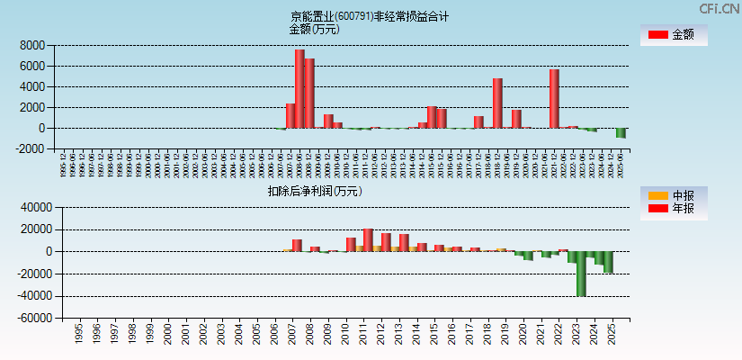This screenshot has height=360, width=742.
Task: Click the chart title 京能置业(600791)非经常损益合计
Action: click(370, 16)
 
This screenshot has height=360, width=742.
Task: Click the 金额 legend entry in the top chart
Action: click(673, 35)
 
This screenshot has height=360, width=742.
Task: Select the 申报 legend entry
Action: click(673, 195)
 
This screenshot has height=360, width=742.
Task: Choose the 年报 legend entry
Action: click(673, 209)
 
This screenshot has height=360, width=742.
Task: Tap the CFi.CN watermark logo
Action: click(720, 8)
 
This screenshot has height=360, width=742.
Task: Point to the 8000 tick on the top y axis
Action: click(32, 45)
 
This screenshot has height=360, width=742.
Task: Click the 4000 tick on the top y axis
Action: click(32, 86)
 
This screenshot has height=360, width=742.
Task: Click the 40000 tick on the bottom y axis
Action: click(30, 207)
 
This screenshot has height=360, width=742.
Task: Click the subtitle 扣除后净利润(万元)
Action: click(314, 191)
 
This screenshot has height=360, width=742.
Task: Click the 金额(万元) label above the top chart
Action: click(314, 29)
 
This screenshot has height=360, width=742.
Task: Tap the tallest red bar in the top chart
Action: click(299, 88)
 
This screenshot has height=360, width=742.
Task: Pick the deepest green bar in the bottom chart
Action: click(581, 274)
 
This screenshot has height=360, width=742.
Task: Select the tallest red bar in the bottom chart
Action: click(368, 240)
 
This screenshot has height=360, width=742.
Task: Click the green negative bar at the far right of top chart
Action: click(621, 133)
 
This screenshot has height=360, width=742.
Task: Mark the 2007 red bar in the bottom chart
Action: click(297, 245)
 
